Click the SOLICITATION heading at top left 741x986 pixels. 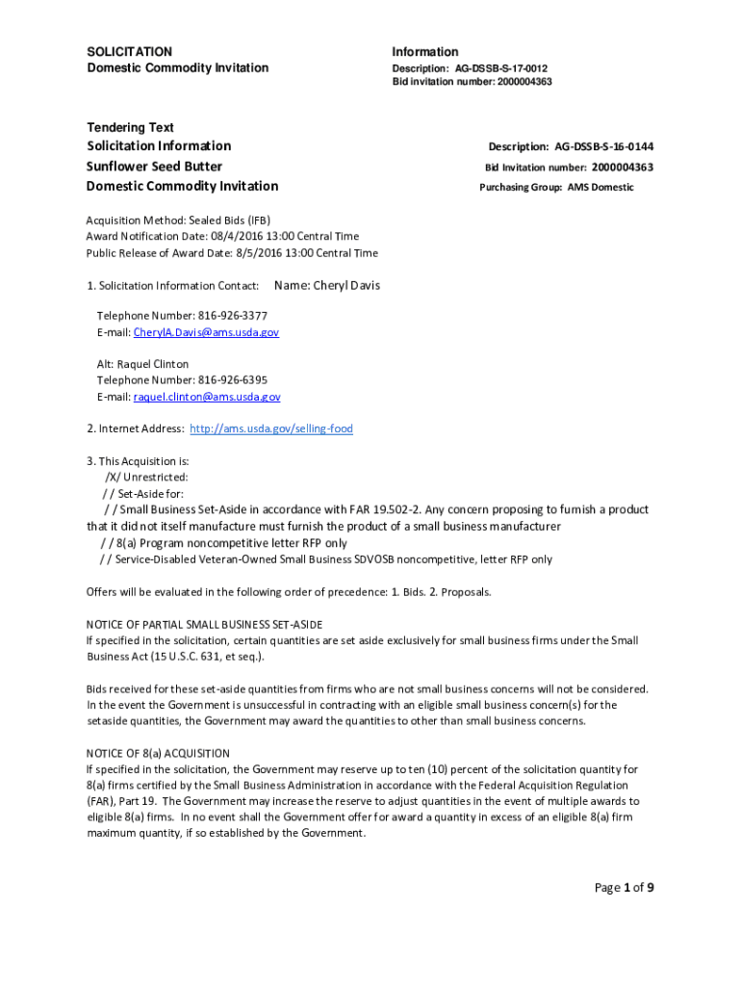(130, 51)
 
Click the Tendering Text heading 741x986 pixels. (131, 127)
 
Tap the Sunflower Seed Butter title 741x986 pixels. (155, 166)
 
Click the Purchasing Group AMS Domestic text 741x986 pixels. (556, 187)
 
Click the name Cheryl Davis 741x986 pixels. (327, 285)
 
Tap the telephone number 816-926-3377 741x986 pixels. (233, 316)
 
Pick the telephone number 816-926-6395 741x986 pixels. (233, 380)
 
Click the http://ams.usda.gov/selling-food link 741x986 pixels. (271, 428)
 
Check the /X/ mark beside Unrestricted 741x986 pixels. (114, 477)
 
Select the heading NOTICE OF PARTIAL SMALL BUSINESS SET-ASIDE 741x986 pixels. (204, 624)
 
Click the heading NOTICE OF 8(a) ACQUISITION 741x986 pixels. (158, 753)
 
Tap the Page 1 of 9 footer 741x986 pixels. (624, 888)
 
